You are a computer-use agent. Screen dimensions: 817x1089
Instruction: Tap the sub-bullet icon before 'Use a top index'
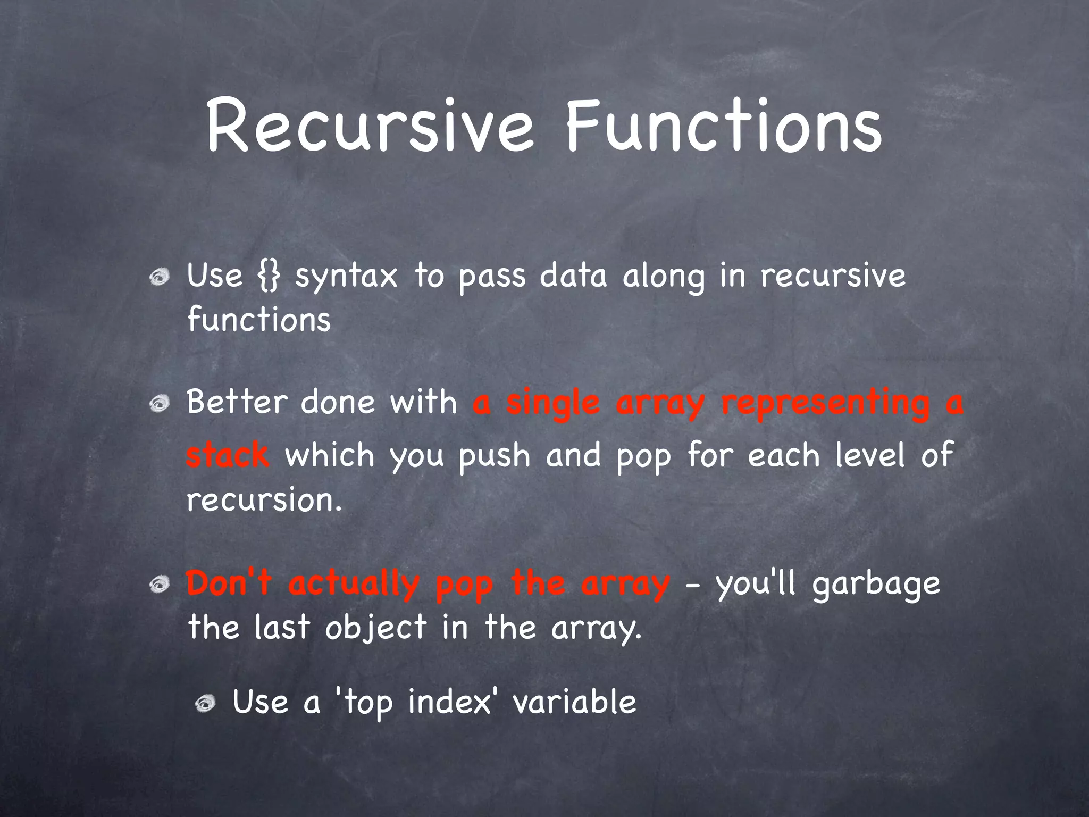[205, 704]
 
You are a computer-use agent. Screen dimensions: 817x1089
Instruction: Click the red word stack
[228, 456]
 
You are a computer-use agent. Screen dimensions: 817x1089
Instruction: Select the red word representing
[825, 404]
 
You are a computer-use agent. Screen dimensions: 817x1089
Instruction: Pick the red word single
[553, 404]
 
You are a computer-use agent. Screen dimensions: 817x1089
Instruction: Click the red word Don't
[229, 583]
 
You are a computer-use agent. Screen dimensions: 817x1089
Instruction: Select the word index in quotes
[449, 702]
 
